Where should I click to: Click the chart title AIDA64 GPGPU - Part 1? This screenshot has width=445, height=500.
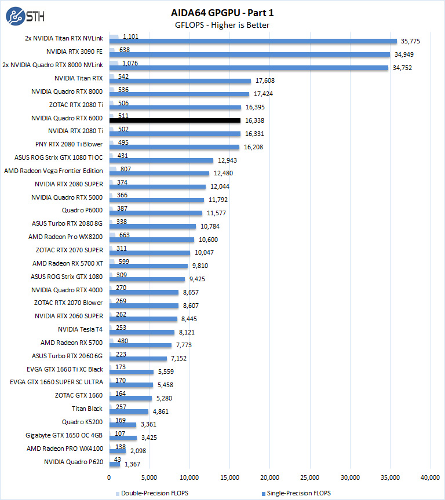click(x=222, y=12)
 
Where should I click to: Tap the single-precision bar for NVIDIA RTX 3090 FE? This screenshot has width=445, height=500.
click(x=249, y=54)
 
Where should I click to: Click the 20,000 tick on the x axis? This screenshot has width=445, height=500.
click(x=270, y=477)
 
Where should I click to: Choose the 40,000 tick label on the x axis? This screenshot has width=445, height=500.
click(x=431, y=477)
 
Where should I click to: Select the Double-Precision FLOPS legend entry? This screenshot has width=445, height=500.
click(x=153, y=493)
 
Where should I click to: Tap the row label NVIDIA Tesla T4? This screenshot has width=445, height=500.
click(x=80, y=329)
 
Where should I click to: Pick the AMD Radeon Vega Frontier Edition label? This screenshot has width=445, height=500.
click(x=53, y=171)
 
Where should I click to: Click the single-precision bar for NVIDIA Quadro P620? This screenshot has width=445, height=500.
click(x=114, y=464)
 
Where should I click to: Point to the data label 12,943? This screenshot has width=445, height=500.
click(x=227, y=160)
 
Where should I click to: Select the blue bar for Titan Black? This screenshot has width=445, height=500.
click(x=129, y=411)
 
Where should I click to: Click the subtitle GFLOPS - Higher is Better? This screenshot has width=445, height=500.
click(x=222, y=25)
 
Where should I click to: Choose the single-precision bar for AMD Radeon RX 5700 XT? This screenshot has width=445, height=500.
click(x=148, y=266)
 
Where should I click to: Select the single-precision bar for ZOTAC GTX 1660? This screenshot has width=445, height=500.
click(x=130, y=398)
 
